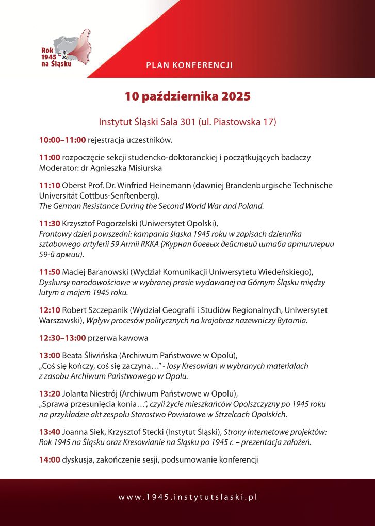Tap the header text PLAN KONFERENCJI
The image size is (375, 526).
click(189, 65)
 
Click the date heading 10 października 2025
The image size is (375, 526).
click(187, 96)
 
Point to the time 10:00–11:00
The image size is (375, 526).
click(62, 140)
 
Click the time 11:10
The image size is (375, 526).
click(50, 185)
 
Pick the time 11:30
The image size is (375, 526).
click(50, 223)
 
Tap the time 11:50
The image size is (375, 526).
click(50, 271)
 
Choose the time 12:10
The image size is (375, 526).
click(50, 310)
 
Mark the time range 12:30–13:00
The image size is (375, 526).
click(62, 338)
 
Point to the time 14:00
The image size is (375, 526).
click(50, 460)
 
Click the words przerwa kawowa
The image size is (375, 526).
click(118, 338)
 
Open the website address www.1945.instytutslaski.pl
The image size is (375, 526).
click(187, 497)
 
